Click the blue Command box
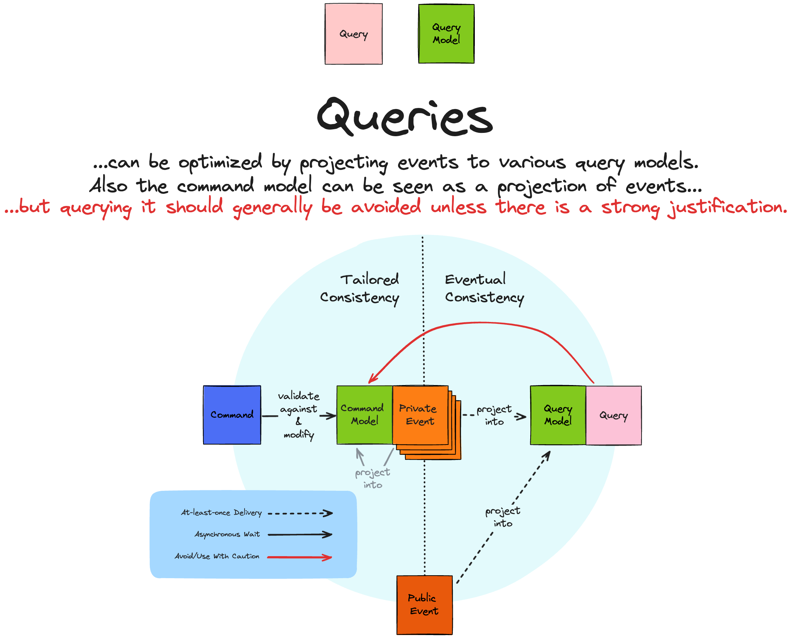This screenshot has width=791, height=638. [x=232, y=415]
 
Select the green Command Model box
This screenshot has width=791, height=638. [x=365, y=415]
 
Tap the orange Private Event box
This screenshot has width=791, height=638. [x=420, y=415]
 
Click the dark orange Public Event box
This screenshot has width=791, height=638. [x=425, y=605]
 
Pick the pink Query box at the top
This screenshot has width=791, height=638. [x=354, y=34]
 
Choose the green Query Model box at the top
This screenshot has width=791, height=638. [x=446, y=34]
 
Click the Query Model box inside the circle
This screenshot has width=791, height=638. [x=558, y=415]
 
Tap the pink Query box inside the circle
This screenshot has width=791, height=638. [x=614, y=415]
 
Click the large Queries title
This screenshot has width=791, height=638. [x=405, y=116]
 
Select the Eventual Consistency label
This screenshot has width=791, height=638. [x=484, y=289]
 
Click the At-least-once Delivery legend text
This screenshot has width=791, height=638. [x=221, y=513]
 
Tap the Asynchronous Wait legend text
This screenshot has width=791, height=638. [x=227, y=534]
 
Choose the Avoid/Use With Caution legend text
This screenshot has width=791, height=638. [x=217, y=556]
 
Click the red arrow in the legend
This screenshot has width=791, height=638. [x=300, y=557]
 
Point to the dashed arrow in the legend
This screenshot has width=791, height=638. [x=300, y=514]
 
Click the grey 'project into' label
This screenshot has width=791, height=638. [x=373, y=478]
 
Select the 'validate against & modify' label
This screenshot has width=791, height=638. [x=299, y=415]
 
